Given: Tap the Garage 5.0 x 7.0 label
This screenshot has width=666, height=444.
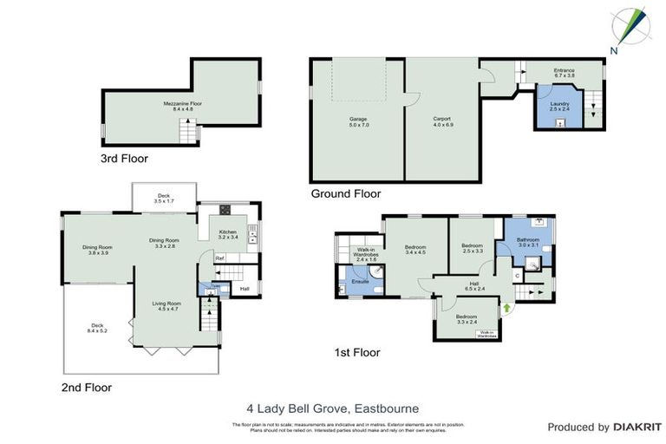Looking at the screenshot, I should coord(359,121).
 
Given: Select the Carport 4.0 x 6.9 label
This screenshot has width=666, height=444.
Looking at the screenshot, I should coord(443,121).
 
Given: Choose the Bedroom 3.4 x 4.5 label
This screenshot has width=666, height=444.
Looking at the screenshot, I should coord(415,250).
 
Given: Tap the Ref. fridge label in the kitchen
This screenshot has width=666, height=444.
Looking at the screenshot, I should coord(220,258).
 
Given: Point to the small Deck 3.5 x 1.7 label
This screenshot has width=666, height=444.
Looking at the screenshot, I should coord(164,198).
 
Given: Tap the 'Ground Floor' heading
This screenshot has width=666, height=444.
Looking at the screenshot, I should coord(345,194).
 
